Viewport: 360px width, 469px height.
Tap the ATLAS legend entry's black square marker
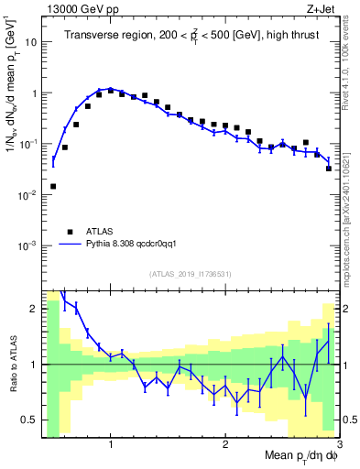coord(70,232)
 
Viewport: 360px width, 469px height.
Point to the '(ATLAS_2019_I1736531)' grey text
coord(191,274)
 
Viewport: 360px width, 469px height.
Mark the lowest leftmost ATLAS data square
coord(53,186)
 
